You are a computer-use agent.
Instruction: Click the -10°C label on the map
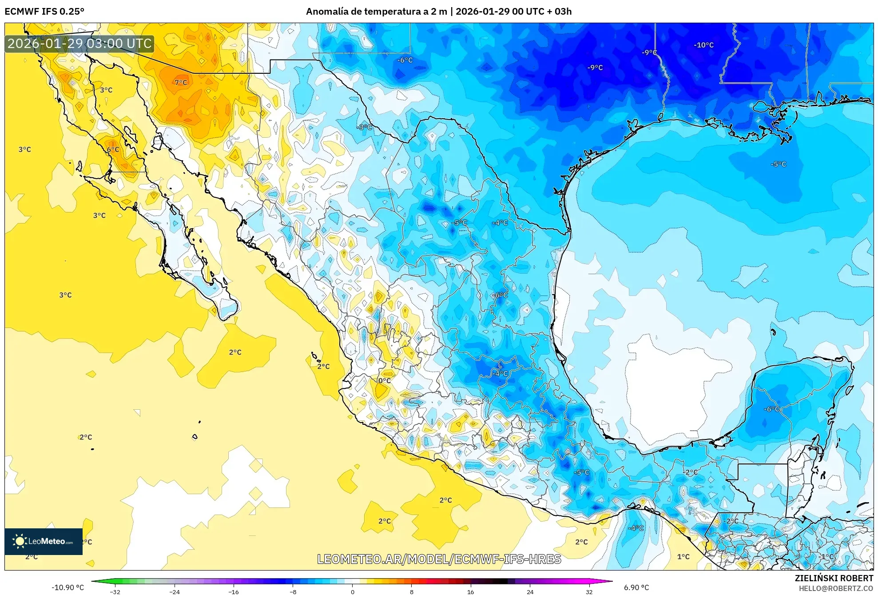pyautogui.click(x=703, y=45)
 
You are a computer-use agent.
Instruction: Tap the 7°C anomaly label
pyautogui.click(x=181, y=82)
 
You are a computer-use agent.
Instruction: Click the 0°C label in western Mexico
pyautogui.click(x=384, y=380)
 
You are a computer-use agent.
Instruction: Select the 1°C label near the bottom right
pyautogui.click(x=683, y=556)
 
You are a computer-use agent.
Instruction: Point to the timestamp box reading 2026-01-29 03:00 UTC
pyautogui.click(x=79, y=44)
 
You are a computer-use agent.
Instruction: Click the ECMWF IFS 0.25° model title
pyautogui.click(x=44, y=12)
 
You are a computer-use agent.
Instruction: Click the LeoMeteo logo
pyautogui.click(x=44, y=541)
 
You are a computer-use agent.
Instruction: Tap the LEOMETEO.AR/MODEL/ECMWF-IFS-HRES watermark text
pyautogui.click(x=439, y=559)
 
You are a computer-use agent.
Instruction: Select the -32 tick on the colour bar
pyautogui.click(x=115, y=591)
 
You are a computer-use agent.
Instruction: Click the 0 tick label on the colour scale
pyautogui.click(x=352, y=591)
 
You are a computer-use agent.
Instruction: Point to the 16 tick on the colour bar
pyautogui.click(x=470, y=591)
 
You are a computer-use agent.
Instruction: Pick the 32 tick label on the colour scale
pyautogui.click(x=589, y=591)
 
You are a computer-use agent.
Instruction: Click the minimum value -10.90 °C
pyautogui.click(x=68, y=587)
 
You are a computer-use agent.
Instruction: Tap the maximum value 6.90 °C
pyautogui.click(x=636, y=587)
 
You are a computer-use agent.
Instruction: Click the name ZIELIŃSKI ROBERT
pyautogui.click(x=834, y=578)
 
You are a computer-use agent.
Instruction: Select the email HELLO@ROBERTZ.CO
pyautogui.click(x=836, y=588)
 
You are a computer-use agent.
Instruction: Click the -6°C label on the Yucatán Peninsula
pyautogui.click(x=771, y=409)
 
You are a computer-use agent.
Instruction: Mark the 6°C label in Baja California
pyautogui.click(x=113, y=149)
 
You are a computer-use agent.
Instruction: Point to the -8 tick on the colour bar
pyautogui.click(x=293, y=591)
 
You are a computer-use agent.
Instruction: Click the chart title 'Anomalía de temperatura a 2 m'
pyautogui.click(x=377, y=12)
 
